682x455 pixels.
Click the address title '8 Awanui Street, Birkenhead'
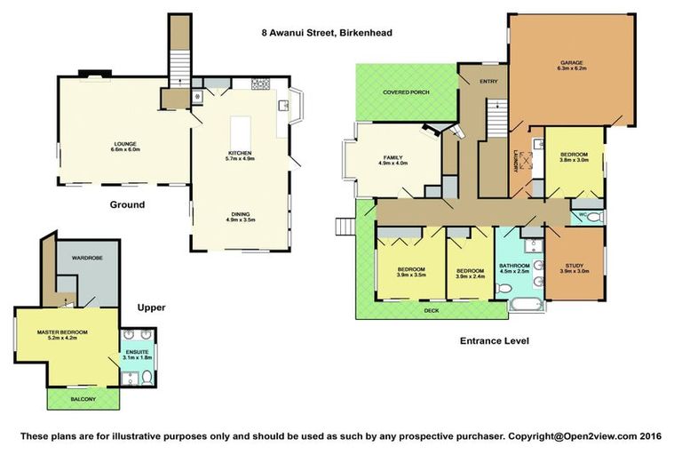(x=326, y=33)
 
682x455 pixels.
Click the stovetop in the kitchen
(x=260, y=85)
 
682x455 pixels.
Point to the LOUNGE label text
(x=123, y=143)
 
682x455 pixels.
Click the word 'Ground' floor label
(x=127, y=204)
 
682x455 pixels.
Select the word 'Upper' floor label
(x=151, y=307)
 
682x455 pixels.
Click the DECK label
(x=430, y=311)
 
